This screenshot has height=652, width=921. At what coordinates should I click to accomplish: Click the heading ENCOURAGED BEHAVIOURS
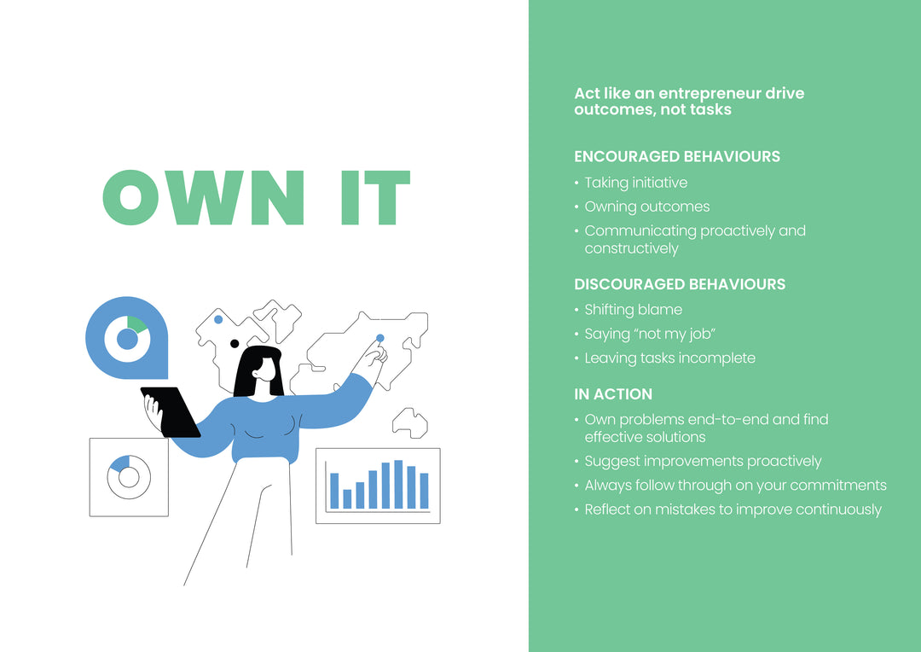[x=676, y=156]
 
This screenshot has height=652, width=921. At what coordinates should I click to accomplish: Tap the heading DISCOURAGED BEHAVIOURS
[x=680, y=284]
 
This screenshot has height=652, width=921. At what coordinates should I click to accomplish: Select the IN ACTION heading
[x=613, y=394]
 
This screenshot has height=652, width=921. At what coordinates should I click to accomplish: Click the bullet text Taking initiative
[x=635, y=183]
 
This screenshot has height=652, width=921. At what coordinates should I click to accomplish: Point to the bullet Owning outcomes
[x=646, y=207]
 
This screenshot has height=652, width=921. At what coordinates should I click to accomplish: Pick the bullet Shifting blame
[x=633, y=310]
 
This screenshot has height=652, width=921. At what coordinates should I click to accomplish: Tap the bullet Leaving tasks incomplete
[x=669, y=358]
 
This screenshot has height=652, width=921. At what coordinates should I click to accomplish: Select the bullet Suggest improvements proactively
[x=703, y=462]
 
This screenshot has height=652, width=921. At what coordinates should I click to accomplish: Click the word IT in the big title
[x=375, y=197]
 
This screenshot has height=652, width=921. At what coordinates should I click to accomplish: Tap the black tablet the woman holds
[x=171, y=411]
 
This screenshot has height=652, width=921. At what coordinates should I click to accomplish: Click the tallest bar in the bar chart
[x=398, y=484]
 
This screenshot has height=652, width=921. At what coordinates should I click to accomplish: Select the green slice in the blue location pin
[x=136, y=324]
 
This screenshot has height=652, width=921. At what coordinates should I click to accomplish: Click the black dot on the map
[x=235, y=343]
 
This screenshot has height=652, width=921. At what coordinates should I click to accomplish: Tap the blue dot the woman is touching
[x=380, y=338]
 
